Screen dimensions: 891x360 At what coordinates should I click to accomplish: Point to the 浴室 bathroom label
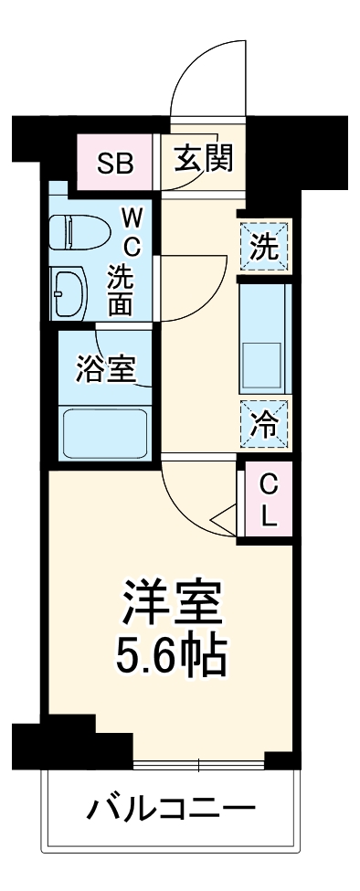105,370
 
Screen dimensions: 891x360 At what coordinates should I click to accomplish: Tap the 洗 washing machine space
265,248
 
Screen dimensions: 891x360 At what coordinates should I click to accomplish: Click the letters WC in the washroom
132,232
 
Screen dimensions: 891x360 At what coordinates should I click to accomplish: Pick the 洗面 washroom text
122,290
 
